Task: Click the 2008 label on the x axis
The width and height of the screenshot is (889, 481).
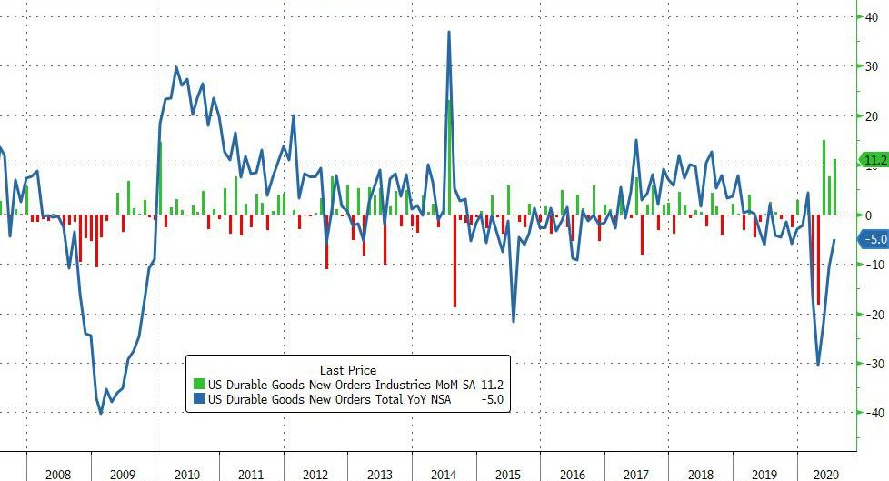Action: coord(58,474)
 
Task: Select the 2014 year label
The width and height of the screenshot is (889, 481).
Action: coord(444,474)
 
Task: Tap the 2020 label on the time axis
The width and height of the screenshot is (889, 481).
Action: coord(827,474)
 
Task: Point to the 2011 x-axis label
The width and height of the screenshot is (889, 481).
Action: coord(251,474)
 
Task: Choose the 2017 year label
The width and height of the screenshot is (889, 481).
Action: coord(637,474)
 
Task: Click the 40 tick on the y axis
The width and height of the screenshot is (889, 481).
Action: coord(871,17)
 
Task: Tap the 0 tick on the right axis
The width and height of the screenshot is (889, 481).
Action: coord(871,215)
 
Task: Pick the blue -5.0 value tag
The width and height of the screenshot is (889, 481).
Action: coord(874,240)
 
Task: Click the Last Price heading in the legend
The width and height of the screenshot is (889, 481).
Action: coord(348,370)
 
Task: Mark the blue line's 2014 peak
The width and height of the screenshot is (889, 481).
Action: coord(449,32)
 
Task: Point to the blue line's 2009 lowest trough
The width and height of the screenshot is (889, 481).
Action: coord(100,413)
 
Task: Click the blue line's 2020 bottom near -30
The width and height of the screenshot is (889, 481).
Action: coord(818,366)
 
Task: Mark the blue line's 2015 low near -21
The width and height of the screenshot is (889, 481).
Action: coord(514,321)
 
